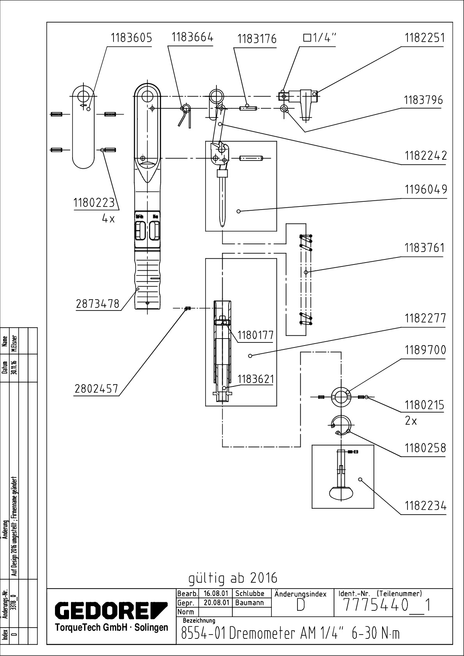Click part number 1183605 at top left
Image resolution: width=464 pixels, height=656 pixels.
click(131, 38)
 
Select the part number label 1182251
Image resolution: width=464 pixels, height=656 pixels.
click(424, 38)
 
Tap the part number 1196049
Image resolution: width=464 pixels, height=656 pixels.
click(425, 190)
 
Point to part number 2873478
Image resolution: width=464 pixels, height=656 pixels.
click(97, 304)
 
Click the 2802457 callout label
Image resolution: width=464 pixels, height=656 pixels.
click(96, 389)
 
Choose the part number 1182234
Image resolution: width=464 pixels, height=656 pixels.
click(425, 506)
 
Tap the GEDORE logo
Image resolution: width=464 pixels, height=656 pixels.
click(111, 611)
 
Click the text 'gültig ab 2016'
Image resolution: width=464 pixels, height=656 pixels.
click(233, 578)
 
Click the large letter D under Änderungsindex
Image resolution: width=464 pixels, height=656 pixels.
click(300, 606)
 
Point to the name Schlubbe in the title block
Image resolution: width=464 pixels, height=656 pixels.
click(250, 594)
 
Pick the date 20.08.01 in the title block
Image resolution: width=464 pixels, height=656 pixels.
click(216, 603)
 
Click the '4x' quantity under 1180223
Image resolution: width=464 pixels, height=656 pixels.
click(108, 219)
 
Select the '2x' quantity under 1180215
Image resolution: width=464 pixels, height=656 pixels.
click(411, 421)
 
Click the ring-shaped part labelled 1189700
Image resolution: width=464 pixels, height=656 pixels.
click(341, 397)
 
